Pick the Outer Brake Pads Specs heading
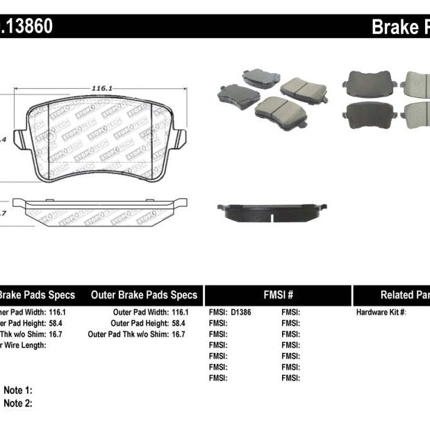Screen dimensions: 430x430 click(x=144, y=295)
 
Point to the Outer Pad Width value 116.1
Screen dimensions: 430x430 click(x=179, y=313)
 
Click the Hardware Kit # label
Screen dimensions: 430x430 click(x=381, y=313)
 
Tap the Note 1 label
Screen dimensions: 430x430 click(x=18, y=391)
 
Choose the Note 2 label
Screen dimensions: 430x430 click(x=18, y=403)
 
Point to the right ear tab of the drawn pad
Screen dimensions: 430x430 click(x=179, y=139)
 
